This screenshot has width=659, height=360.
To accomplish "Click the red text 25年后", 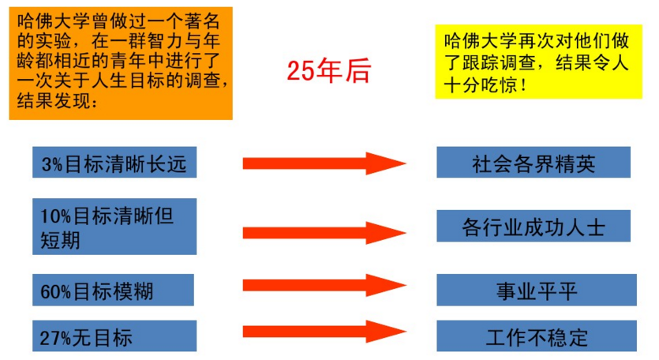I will pos(328,72).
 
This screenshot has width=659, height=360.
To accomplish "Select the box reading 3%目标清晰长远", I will pos(114,163).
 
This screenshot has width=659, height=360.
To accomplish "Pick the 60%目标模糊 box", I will pos(114,291).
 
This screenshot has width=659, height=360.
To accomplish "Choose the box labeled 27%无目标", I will pos(114,336).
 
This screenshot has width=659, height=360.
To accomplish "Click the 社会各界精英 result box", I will pos(534,163).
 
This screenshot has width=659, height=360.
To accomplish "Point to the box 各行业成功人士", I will pos(534,227).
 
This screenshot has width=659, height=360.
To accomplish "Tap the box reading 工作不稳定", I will pos(537,336).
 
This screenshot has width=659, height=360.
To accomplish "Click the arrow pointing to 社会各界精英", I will pos(324,163).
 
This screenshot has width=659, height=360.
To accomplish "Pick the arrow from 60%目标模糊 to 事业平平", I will pos(324,285).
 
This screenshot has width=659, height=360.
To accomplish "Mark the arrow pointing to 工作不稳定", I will pos(324,332).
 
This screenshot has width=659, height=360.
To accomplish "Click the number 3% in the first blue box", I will pos(51,164).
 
